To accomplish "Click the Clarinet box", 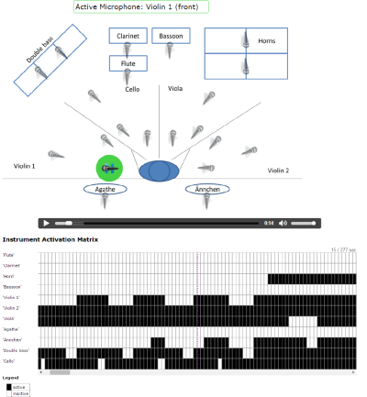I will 128,37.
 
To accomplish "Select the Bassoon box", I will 170,37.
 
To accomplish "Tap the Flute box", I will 128,63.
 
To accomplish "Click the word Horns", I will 267,41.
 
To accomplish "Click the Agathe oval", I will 105,189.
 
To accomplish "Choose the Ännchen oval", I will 206,189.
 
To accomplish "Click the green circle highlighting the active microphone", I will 109,169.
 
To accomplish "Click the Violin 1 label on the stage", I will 25,166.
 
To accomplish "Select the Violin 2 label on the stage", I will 278,171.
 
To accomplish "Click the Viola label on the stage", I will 175,89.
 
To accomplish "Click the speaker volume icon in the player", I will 284,223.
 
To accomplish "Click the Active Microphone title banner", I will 141,6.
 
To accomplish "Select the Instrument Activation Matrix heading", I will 77,239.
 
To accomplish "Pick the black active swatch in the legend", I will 8,386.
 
